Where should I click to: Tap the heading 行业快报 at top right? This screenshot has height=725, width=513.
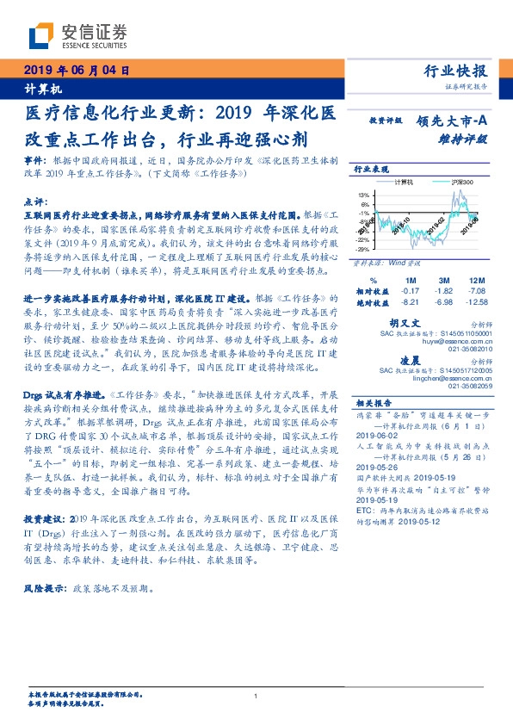455,71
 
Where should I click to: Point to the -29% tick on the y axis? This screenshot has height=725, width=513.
364,249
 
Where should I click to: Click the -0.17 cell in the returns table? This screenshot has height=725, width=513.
410,291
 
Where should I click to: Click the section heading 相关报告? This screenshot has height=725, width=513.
375,401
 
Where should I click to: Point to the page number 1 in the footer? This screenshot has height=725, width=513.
256,697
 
